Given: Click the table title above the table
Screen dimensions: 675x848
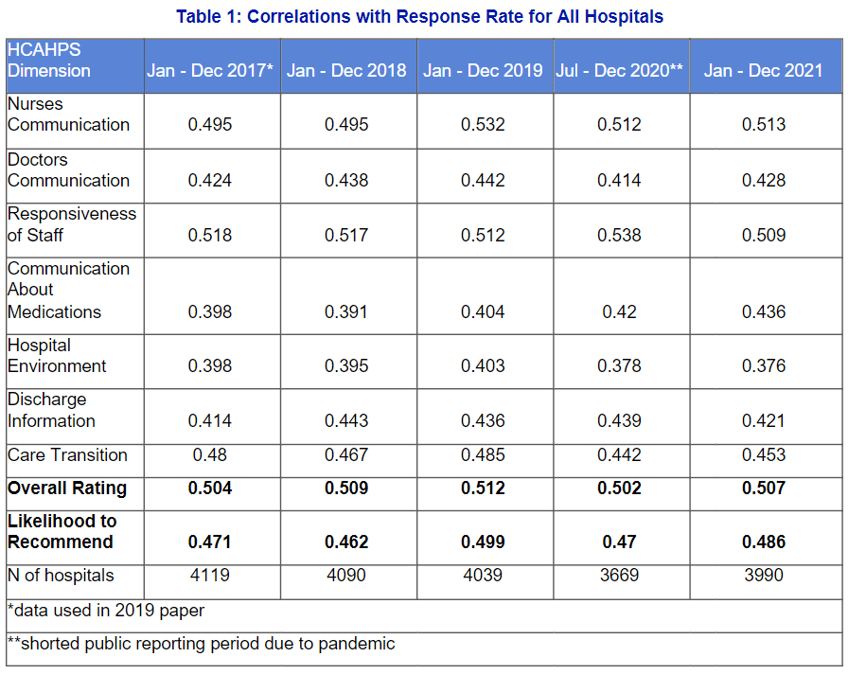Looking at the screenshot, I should coord(419,16).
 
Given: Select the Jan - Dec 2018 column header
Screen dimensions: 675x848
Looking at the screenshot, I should coord(346,71).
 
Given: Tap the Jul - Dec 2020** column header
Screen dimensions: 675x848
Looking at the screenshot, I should coord(620,71).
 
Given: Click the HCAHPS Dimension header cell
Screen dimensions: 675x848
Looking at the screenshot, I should coord(49,61).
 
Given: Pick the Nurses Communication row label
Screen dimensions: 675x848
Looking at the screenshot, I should coord(68,115).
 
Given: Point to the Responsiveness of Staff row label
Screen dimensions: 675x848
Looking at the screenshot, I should coord(72,224).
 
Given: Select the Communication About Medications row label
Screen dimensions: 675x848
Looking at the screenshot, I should coord(68,290).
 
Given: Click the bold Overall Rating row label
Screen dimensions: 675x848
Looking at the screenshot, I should coord(66,488).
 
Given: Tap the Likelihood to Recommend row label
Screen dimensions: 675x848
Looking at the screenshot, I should coord(62,531).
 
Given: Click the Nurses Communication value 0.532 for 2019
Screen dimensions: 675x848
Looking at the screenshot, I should coord(483,125).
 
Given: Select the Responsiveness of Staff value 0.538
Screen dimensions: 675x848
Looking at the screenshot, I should coord(619,235).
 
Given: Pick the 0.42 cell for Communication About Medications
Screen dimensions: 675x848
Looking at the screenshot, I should coord(619,312).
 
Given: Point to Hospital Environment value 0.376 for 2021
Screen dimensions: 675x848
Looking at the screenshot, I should coord(763,366).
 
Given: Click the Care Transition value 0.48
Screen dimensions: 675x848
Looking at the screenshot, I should coord(210,455).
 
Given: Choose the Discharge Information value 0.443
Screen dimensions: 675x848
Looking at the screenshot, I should coord(346,421).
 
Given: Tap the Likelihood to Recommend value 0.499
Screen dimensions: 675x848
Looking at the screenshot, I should coord(483,542).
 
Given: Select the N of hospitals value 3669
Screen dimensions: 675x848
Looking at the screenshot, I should coord(619,576).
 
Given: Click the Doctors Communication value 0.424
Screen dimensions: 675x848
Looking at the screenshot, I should coord(210,181).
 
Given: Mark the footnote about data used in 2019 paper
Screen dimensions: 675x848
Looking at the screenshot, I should coord(106,611).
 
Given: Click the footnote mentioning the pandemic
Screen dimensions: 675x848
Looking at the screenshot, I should coord(201,645).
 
